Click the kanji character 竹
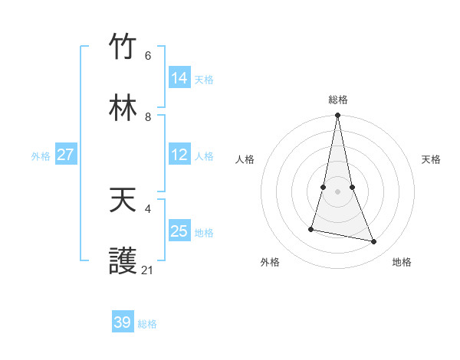(123, 47)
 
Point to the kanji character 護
(123, 262)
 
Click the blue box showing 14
(179, 77)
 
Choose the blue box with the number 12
(179, 155)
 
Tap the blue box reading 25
(179, 231)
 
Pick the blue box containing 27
(66, 155)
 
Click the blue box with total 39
(123, 322)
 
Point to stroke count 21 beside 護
(148, 270)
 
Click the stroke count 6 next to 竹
(148, 56)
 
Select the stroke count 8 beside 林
(148, 117)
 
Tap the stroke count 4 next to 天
(148, 208)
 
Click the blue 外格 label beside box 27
(41, 156)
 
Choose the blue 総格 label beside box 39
(147, 324)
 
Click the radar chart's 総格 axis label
(338, 100)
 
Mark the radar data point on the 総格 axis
(337, 116)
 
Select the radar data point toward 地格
(373, 241)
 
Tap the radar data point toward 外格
(311, 229)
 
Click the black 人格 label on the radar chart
(245, 159)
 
